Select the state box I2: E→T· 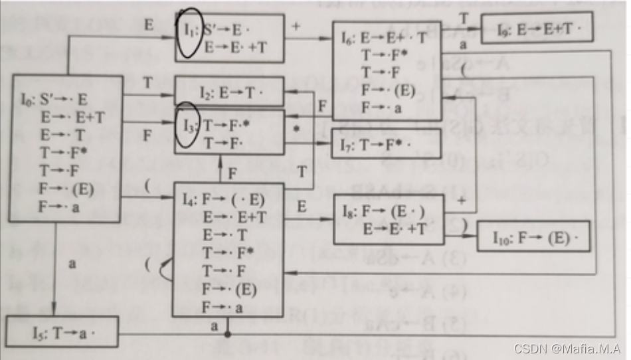[228, 92]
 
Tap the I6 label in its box [347, 39]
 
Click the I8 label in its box [347, 213]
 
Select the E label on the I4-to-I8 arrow [302, 207]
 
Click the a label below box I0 [71, 264]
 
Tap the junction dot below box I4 [228, 334]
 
